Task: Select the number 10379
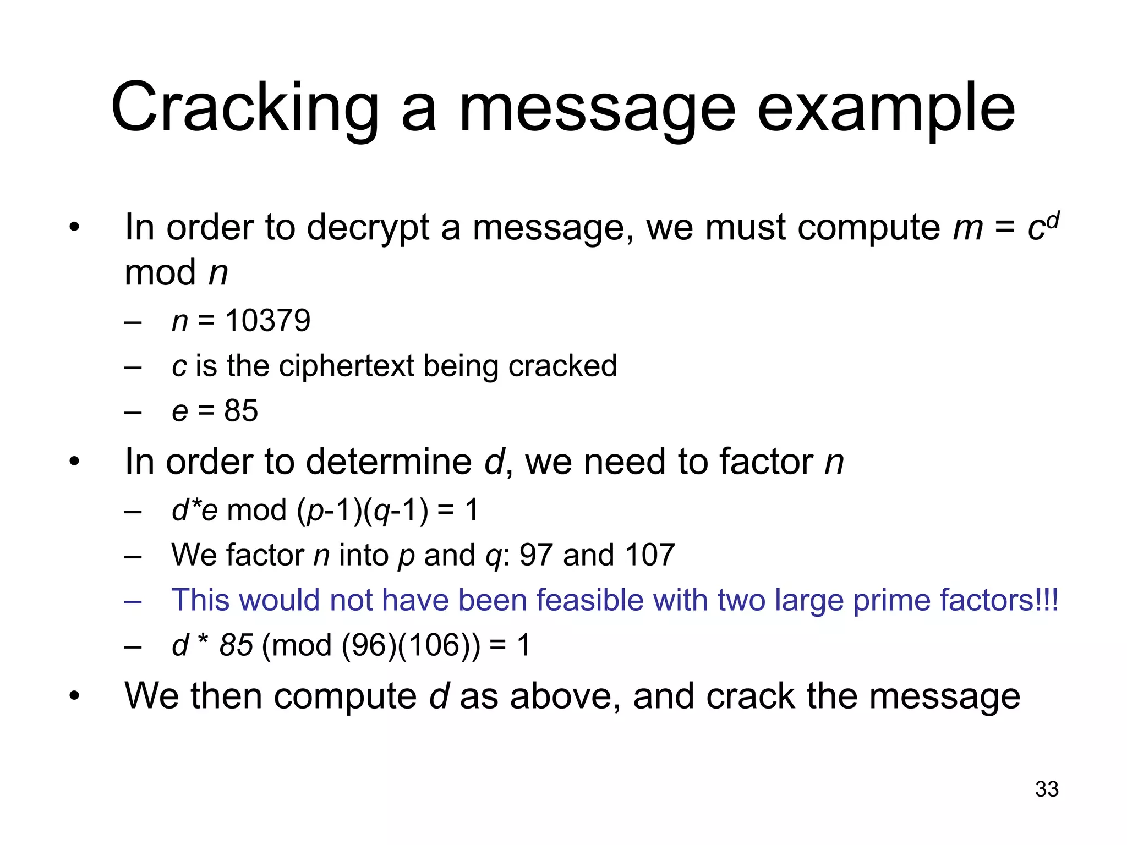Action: (268, 321)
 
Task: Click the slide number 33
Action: (1047, 789)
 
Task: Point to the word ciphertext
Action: (347, 366)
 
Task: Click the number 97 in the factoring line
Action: (536, 555)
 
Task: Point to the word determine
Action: (389, 462)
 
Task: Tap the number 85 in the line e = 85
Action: (241, 410)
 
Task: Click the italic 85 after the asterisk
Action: (236, 645)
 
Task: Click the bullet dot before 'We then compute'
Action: (74, 696)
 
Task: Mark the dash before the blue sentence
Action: (133, 601)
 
